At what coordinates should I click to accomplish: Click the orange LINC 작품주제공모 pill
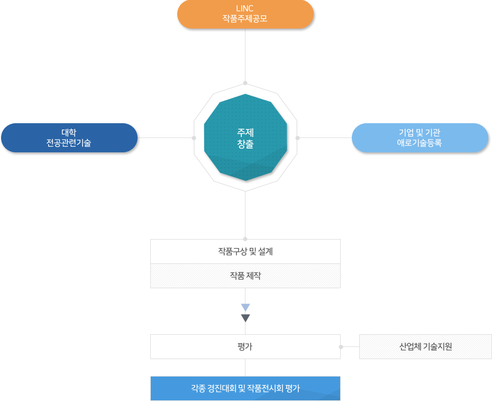pos(245,14)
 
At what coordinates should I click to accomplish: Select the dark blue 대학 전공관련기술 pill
pos(69,138)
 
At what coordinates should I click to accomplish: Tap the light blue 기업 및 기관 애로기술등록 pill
pos(420,138)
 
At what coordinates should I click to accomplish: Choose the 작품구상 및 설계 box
pos(245,251)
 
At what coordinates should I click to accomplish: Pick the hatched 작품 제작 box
pos(245,276)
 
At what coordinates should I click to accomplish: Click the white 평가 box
pos(245,347)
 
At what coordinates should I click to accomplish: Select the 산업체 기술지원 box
pos(425,347)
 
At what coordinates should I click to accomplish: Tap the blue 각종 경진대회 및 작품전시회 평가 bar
pos(245,389)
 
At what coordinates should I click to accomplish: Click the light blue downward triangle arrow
pos(245,307)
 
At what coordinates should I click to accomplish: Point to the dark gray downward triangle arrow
pos(245,318)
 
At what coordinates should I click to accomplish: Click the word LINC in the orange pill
pos(245,9)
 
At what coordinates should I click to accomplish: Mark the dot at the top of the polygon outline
pos(245,83)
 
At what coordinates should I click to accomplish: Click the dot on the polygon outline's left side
pos(194,138)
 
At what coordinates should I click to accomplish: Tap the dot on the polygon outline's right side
pos(297,138)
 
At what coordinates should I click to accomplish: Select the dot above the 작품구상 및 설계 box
pos(245,239)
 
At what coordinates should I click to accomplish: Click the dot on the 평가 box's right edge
pos(341,347)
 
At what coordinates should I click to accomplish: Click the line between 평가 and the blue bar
pos(245,368)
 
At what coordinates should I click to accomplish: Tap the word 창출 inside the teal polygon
pos(245,143)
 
